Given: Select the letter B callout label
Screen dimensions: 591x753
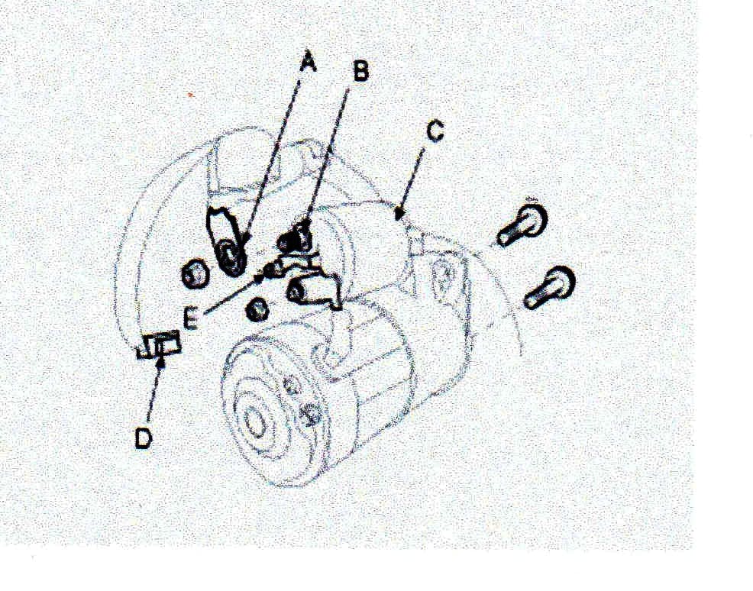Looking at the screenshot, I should point(360,71).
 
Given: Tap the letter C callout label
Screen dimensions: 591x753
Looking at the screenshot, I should point(434,131).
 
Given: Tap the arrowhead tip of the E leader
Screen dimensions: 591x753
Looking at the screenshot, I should point(267,269).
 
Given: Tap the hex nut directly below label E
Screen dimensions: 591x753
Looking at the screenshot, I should point(257,309).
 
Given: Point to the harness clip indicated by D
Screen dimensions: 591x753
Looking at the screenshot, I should point(161,346).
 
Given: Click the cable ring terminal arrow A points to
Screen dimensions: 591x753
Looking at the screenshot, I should point(231,254).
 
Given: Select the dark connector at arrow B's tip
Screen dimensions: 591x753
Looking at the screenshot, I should point(296,238).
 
